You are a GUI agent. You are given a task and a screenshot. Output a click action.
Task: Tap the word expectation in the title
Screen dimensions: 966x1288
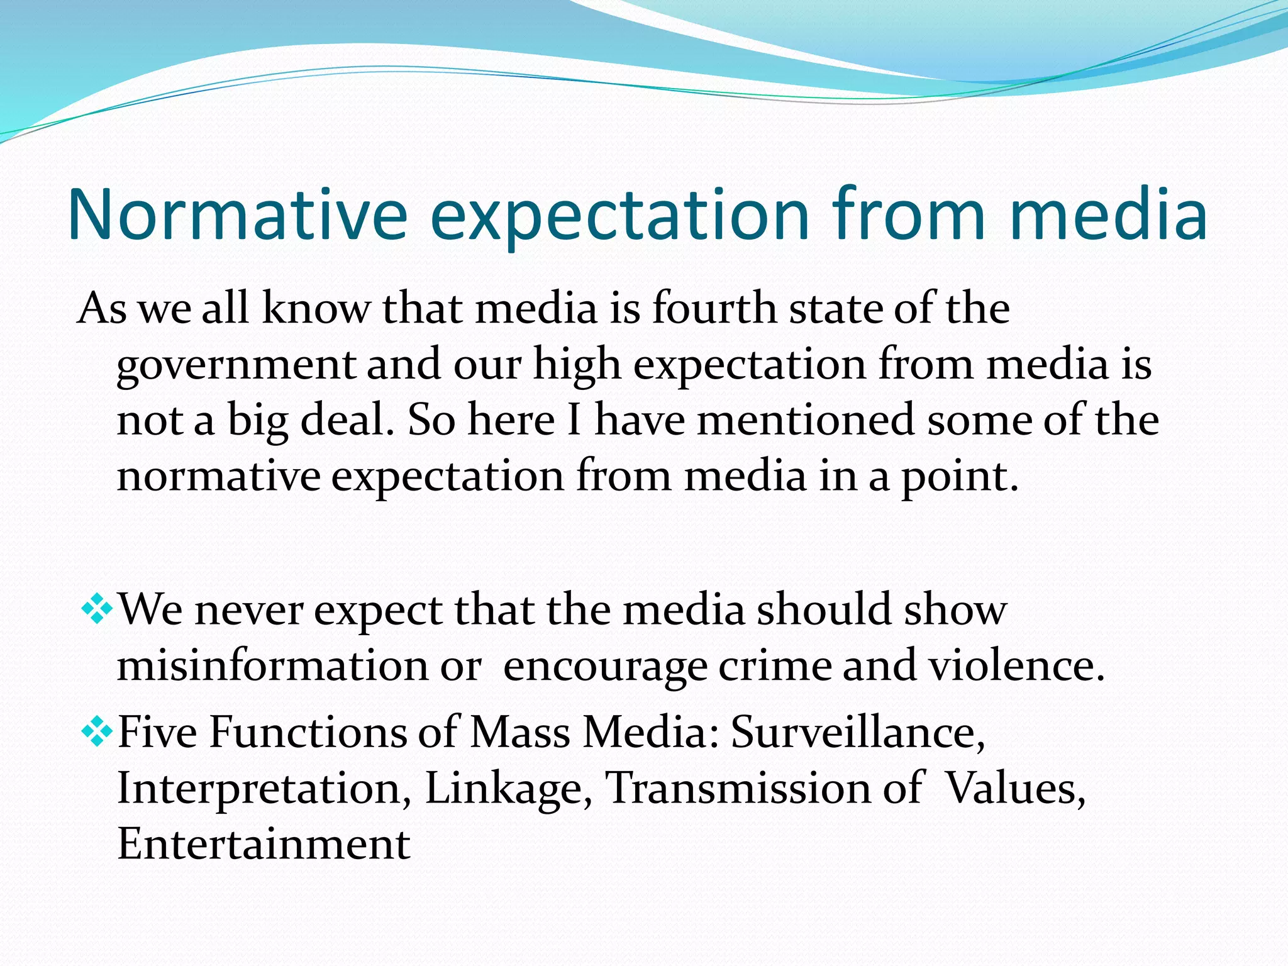(619, 215)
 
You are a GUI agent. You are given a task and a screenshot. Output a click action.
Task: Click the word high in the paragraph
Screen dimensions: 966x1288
(577, 365)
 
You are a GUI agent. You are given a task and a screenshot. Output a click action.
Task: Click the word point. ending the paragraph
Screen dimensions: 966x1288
(960, 477)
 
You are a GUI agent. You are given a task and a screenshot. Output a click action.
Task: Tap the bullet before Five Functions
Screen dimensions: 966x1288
(97, 731)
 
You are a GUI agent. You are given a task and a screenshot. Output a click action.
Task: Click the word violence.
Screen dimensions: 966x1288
(1017, 665)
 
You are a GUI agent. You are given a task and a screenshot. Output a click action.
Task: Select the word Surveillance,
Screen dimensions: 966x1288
(858, 733)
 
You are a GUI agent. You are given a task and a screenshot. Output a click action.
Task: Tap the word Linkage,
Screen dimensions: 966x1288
(509, 788)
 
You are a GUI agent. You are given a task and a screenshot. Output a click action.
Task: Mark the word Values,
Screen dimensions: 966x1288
(1015, 788)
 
